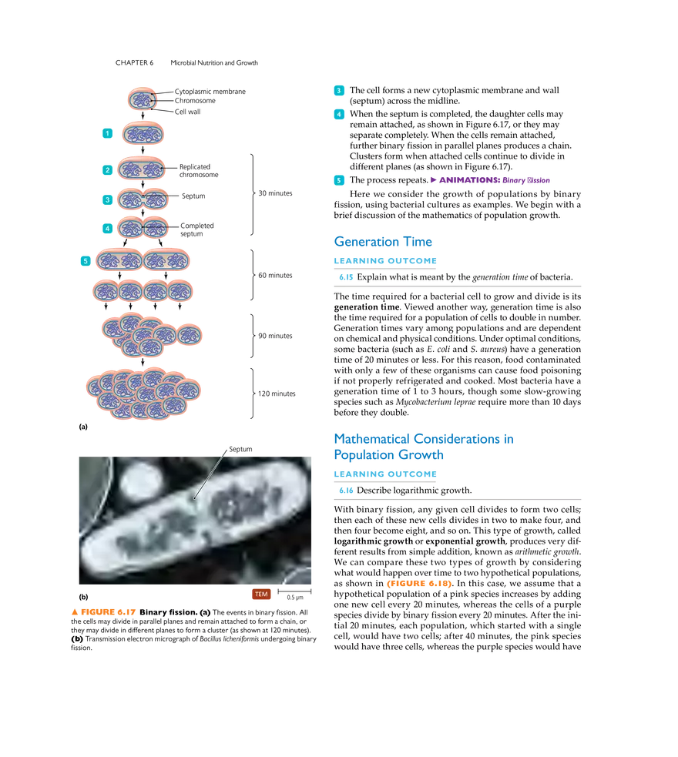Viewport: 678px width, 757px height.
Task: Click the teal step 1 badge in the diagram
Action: point(108,133)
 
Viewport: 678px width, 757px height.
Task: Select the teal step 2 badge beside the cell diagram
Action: point(108,169)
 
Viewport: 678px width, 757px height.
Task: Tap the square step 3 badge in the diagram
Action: point(108,199)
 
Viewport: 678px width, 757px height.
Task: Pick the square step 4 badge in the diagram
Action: point(108,228)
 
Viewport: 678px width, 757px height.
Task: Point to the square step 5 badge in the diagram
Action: point(85,261)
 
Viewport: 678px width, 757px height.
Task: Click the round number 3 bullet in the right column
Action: point(338,91)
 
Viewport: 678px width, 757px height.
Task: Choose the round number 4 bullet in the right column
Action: point(338,114)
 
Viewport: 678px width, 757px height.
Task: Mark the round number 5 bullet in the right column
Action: point(338,180)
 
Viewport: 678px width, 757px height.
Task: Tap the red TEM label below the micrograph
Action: point(261,595)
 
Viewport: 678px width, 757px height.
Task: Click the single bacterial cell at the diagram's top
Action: point(142,99)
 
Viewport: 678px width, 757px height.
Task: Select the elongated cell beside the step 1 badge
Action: point(143,134)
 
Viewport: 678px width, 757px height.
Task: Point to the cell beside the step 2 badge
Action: point(142,169)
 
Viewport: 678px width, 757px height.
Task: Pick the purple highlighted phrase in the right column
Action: point(491,180)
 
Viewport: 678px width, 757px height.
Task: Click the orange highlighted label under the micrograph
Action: point(103,613)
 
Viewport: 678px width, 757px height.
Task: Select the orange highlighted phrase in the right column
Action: point(418,584)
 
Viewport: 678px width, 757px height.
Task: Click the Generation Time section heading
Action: point(384,242)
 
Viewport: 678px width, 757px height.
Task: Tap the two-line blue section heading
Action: point(424,447)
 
